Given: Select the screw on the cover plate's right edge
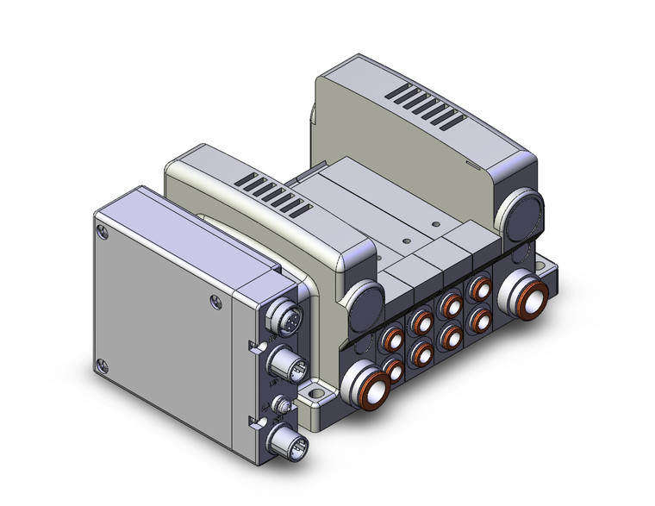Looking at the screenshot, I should tap(213, 301).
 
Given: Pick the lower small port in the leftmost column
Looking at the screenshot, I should tap(396, 371).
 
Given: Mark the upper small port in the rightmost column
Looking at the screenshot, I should tap(477, 290).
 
